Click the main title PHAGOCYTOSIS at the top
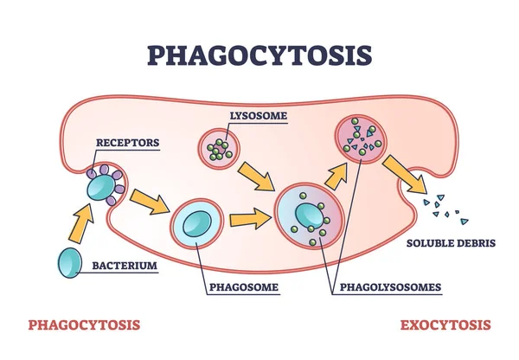259,53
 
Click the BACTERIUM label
125,266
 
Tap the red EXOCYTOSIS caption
445,325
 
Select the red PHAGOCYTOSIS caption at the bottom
84,325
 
